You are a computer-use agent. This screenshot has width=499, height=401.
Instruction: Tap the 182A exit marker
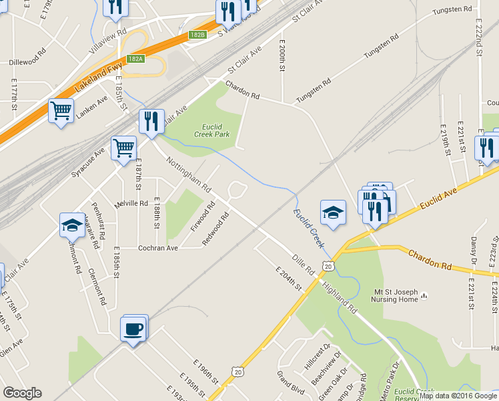pos(135,59)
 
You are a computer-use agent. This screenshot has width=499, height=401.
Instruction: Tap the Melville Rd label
pos(131,203)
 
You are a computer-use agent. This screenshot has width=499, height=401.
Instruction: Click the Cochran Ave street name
pos(157,248)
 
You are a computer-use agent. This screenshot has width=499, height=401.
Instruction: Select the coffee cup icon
pos(133,329)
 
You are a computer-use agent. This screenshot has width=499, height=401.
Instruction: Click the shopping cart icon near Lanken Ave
pos(61,110)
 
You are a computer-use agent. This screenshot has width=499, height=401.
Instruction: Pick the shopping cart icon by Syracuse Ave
pos(123,148)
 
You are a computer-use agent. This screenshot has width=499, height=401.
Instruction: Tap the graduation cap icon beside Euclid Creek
pos(333,213)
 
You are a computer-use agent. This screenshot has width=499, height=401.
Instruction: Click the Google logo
pos(22,393)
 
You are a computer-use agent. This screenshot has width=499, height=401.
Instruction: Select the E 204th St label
pos(290,277)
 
